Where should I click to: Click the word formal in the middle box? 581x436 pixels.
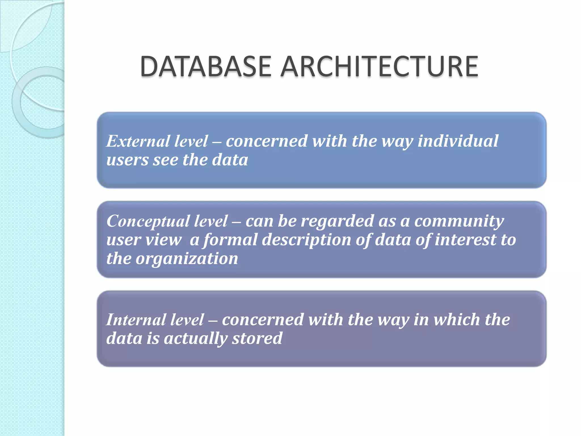(230, 240)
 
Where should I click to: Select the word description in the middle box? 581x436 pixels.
(306, 240)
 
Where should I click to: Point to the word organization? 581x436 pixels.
(187, 259)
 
